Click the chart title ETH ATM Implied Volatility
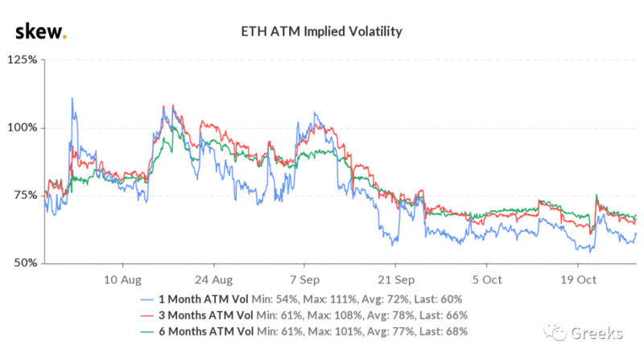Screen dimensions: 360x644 pyautogui.click(x=321, y=32)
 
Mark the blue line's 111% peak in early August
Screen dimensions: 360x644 pyautogui.click(x=72, y=99)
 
